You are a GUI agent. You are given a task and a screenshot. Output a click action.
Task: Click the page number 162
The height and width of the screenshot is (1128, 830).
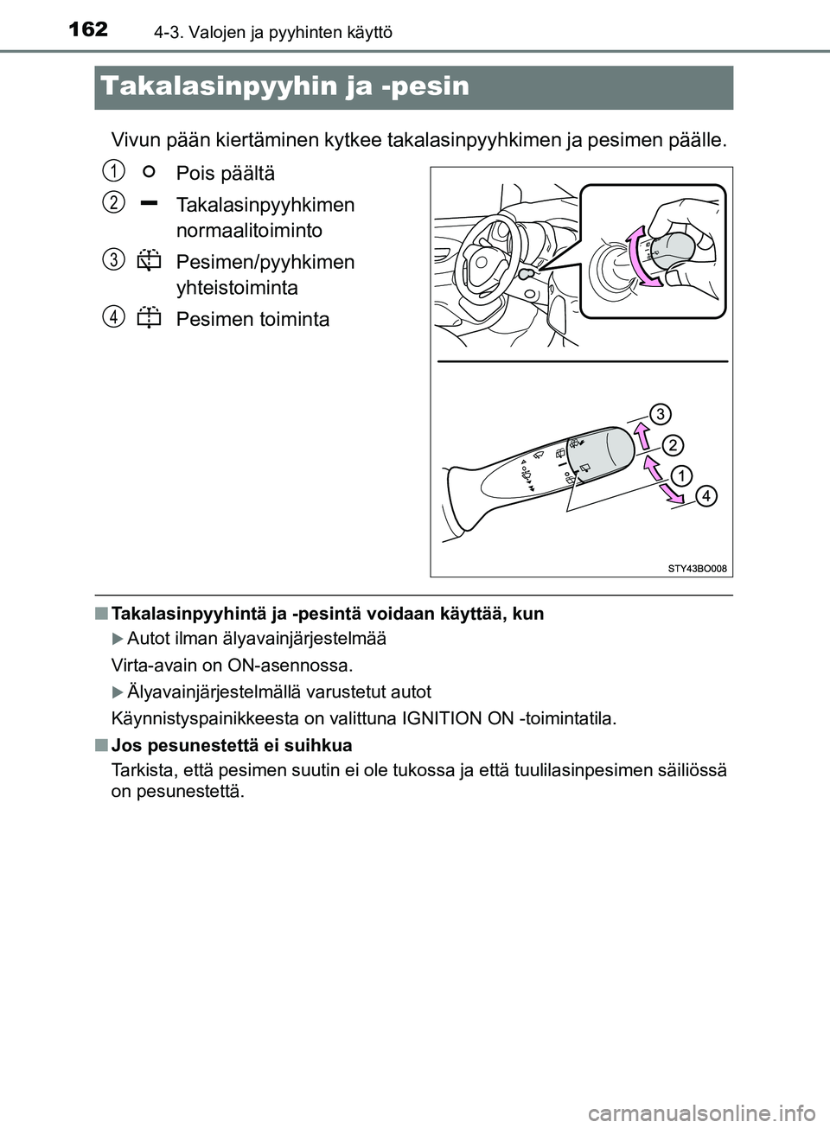[x=84, y=29]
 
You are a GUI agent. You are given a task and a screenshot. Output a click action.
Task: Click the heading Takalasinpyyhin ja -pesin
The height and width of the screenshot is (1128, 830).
[x=284, y=86]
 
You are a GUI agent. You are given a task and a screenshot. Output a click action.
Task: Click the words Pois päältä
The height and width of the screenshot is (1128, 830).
[x=225, y=173]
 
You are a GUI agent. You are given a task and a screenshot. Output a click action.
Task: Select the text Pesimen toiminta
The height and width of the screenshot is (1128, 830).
[x=252, y=320]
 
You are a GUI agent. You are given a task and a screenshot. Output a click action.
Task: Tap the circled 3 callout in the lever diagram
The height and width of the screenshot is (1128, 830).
[x=659, y=413]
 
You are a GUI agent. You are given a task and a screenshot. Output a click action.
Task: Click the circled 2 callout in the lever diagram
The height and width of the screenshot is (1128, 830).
[x=673, y=445]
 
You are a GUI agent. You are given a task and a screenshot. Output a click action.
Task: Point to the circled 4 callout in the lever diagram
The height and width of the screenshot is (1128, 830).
[x=705, y=495]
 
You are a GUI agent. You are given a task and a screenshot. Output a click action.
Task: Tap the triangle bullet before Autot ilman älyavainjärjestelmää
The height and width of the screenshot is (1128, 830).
[x=118, y=639]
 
